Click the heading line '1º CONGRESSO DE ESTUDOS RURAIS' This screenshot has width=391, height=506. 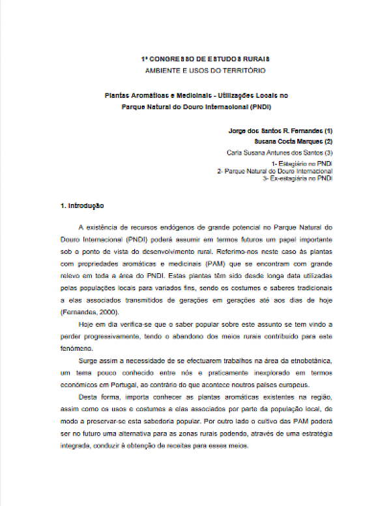point(195,59)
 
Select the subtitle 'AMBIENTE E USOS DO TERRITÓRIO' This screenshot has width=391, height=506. point(195,69)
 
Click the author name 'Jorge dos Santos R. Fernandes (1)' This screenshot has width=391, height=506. point(281,130)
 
